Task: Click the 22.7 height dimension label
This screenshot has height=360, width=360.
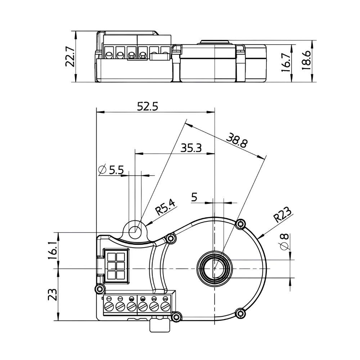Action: coord(70,57)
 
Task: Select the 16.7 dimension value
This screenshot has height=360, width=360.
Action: coord(286,62)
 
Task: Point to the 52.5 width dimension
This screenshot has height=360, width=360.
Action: coord(147,107)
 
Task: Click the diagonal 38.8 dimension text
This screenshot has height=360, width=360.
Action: coord(237,140)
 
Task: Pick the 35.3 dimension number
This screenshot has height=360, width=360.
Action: coord(191,148)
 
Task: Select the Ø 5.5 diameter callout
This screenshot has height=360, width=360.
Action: coord(111,170)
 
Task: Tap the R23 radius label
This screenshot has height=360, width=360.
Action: coord(283,215)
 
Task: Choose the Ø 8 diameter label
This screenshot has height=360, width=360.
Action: coord(285,242)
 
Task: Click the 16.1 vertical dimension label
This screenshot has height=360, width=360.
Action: coord(53,251)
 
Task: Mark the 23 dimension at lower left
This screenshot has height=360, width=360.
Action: coord(53,294)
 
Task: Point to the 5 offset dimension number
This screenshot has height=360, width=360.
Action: coord(194,197)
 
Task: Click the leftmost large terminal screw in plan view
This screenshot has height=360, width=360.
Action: coord(109,306)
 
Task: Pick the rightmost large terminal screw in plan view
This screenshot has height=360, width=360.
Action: coord(165,306)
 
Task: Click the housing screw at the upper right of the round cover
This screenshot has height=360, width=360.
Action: coord(240,224)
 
